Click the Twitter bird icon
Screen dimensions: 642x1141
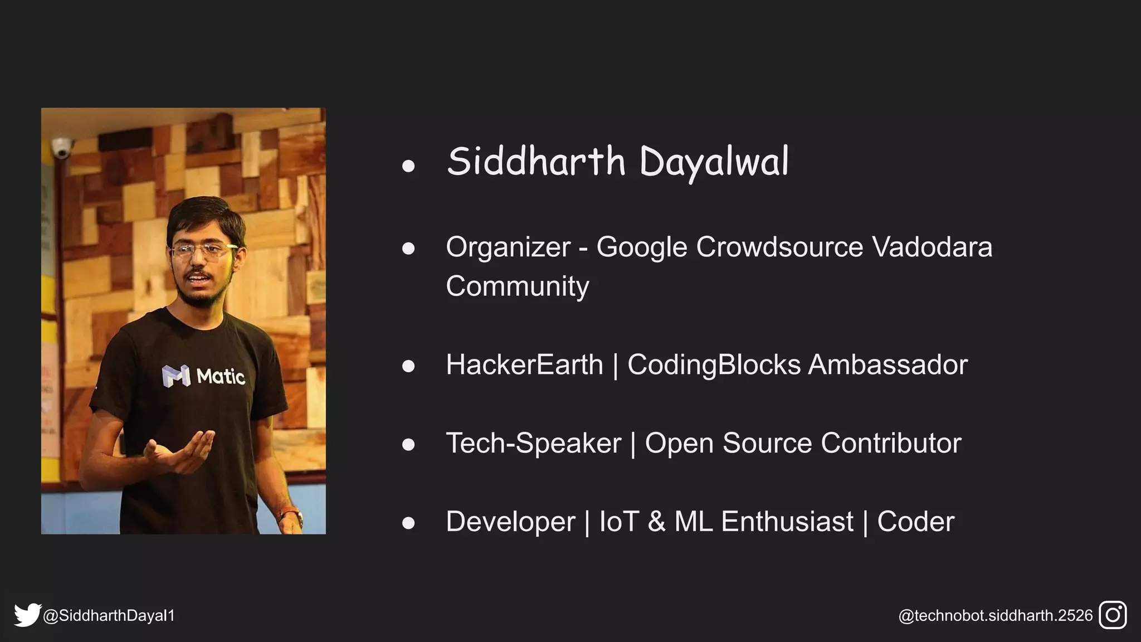27,615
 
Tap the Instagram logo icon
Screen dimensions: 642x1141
1113,615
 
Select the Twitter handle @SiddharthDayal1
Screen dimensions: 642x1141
109,616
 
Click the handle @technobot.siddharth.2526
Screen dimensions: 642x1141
995,616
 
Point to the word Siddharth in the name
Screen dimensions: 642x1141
536,161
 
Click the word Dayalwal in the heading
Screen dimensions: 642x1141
714,162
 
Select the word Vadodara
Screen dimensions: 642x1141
932,247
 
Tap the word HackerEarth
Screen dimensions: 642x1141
524,365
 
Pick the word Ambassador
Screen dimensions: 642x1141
888,365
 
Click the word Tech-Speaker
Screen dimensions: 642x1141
533,444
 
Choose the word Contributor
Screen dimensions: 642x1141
890,444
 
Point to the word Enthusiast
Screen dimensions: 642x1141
787,522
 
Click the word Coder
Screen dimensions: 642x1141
915,522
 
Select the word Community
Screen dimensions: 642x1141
517,286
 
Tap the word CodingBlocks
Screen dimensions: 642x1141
714,365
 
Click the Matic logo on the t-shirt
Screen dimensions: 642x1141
203,376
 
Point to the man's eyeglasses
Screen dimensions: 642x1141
203,250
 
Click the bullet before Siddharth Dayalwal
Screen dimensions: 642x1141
408,166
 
